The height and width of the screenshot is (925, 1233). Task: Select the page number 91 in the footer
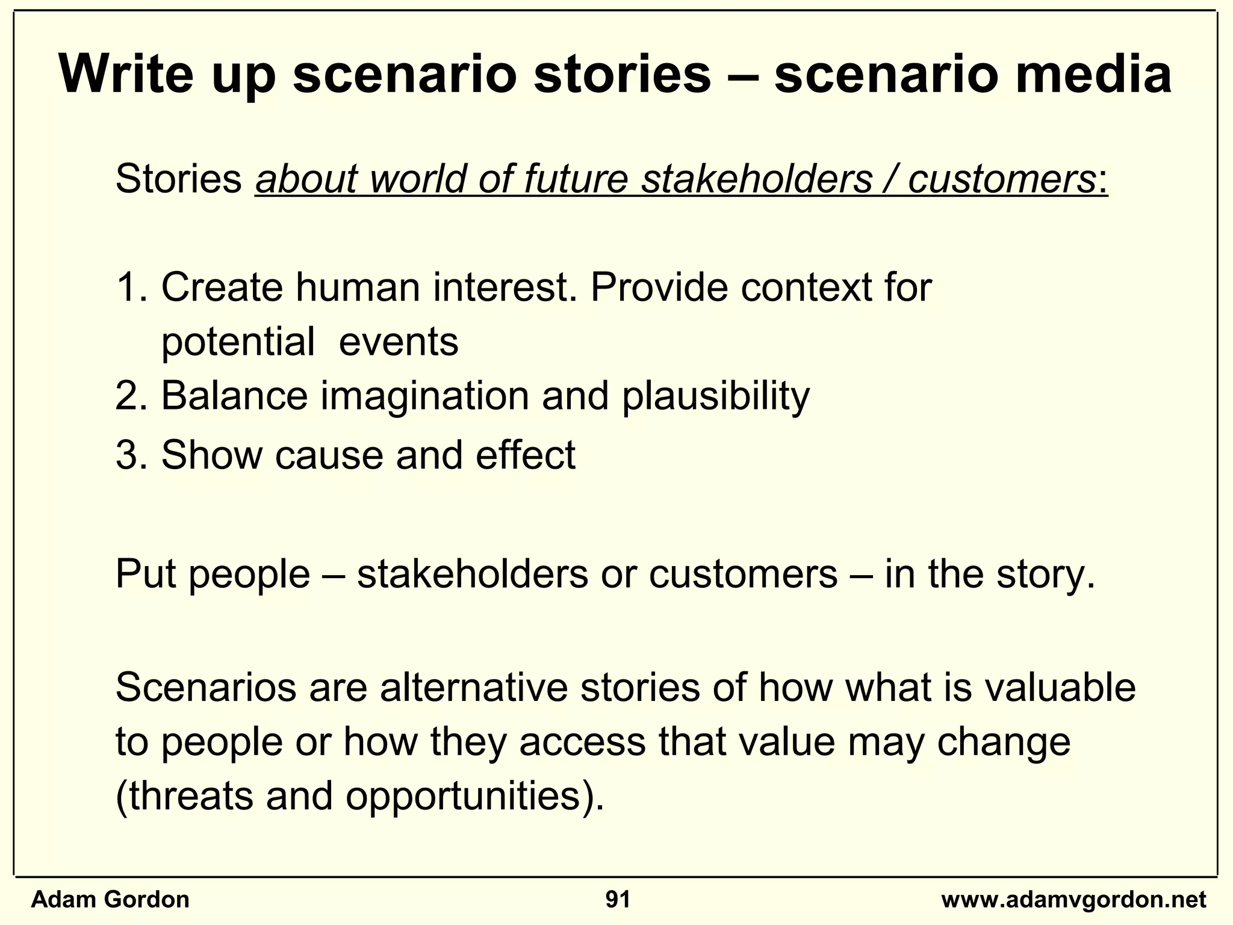pos(618,900)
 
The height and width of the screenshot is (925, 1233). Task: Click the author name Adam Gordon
pos(110,900)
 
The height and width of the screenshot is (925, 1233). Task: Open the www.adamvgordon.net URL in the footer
pos(1073,900)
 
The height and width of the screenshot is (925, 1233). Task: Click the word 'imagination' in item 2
pos(424,397)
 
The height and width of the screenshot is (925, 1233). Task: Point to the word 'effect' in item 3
pos(525,455)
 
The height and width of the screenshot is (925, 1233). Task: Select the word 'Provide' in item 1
pos(659,288)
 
